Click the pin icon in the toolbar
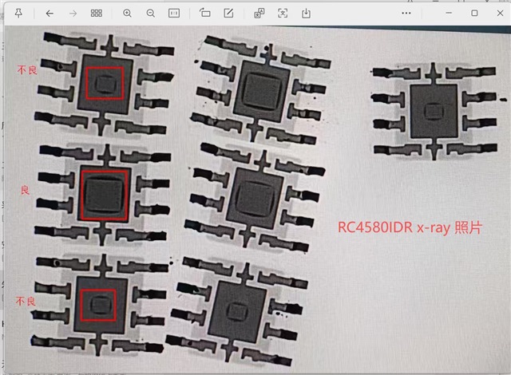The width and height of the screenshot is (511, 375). point(18,13)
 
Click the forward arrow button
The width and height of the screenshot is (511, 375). point(73,14)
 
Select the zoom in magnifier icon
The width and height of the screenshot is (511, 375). point(127,14)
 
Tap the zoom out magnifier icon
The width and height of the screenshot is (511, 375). point(151,14)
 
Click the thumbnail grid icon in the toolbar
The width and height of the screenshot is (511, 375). point(97,13)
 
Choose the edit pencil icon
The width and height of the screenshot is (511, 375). point(228,13)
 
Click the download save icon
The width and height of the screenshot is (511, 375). point(306,14)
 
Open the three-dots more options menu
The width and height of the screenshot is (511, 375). point(406,13)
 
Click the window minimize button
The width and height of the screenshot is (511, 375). point(449,13)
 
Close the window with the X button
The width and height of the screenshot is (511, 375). point(501,13)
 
